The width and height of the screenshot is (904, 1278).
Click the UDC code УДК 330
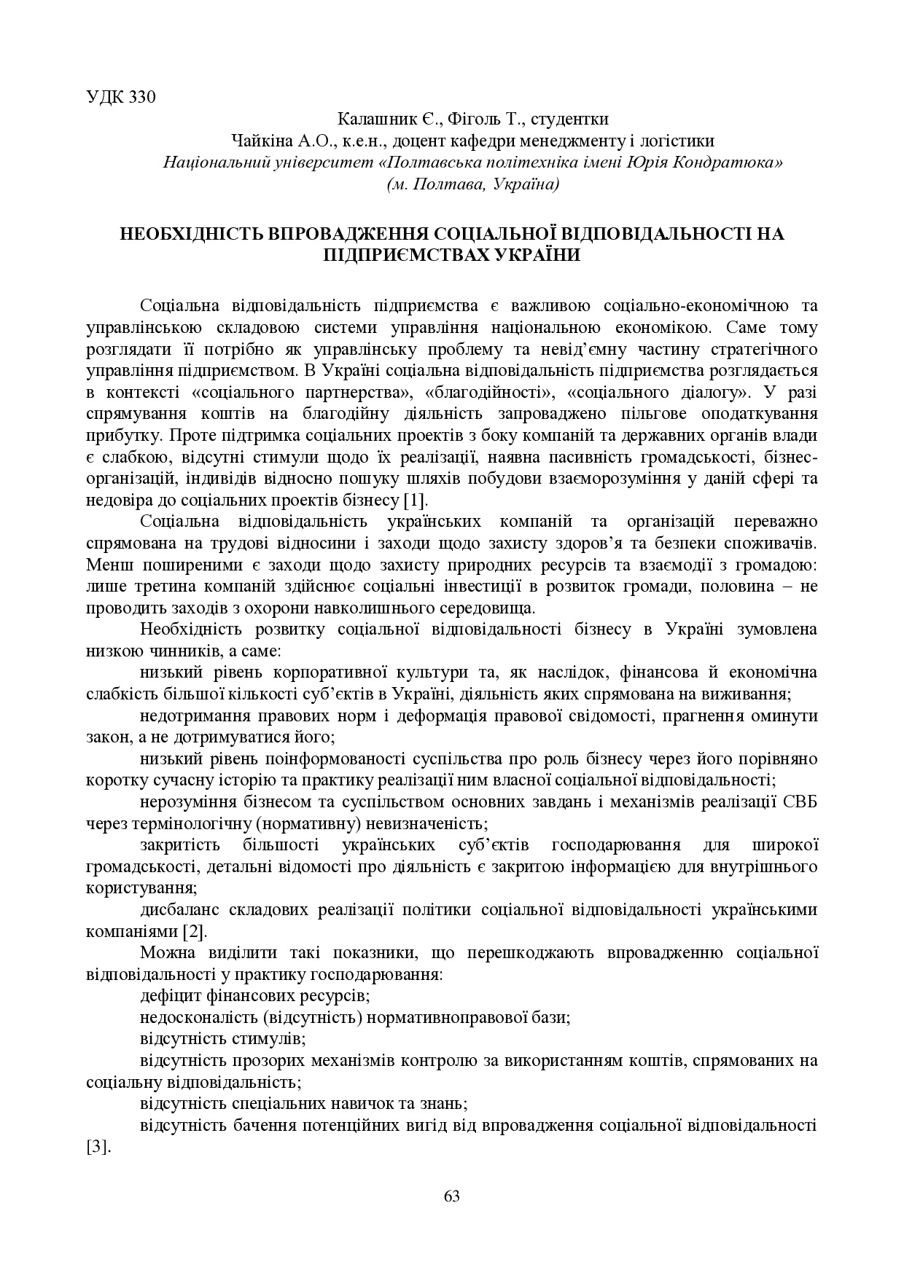[121, 98]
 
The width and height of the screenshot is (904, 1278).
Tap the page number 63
[452, 1196]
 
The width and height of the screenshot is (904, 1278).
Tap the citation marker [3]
[98, 1146]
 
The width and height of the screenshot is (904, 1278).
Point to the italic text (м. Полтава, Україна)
[473, 184]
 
